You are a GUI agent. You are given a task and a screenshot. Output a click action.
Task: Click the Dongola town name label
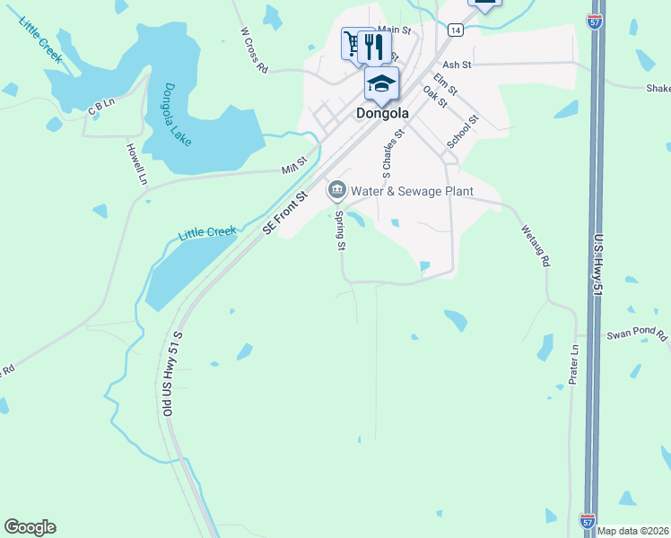pyautogui.click(x=382, y=114)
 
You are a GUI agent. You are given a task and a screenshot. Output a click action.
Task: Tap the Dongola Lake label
pyautogui.click(x=177, y=116)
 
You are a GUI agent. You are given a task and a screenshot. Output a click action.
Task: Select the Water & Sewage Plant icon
pyautogui.click(x=337, y=189)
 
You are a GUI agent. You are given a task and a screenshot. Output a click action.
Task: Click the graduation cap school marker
pyautogui.click(x=381, y=83)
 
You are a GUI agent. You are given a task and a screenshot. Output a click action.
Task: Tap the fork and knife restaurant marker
pyautogui.click(x=374, y=46)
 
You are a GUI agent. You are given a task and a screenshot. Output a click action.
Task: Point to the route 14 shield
pyautogui.click(x=456, y=30)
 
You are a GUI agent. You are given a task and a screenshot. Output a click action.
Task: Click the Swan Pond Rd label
pyautogui.click(x=637, y=335)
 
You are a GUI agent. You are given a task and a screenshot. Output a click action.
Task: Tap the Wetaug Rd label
pyautogui.click(x=534, y=246)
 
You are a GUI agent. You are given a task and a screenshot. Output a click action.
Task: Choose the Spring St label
pyautogui.click(x=341, y=230)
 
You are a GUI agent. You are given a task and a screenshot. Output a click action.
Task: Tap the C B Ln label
pyautogui.click(x=101, y=106)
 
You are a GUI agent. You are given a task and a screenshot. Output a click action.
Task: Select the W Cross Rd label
pyautogui.click(x=255, y=49)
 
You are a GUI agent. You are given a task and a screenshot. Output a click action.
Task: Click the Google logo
pyautogui.click(x=30, y=527)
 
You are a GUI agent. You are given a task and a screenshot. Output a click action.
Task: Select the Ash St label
pyautogui.click(x=457, y=65)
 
